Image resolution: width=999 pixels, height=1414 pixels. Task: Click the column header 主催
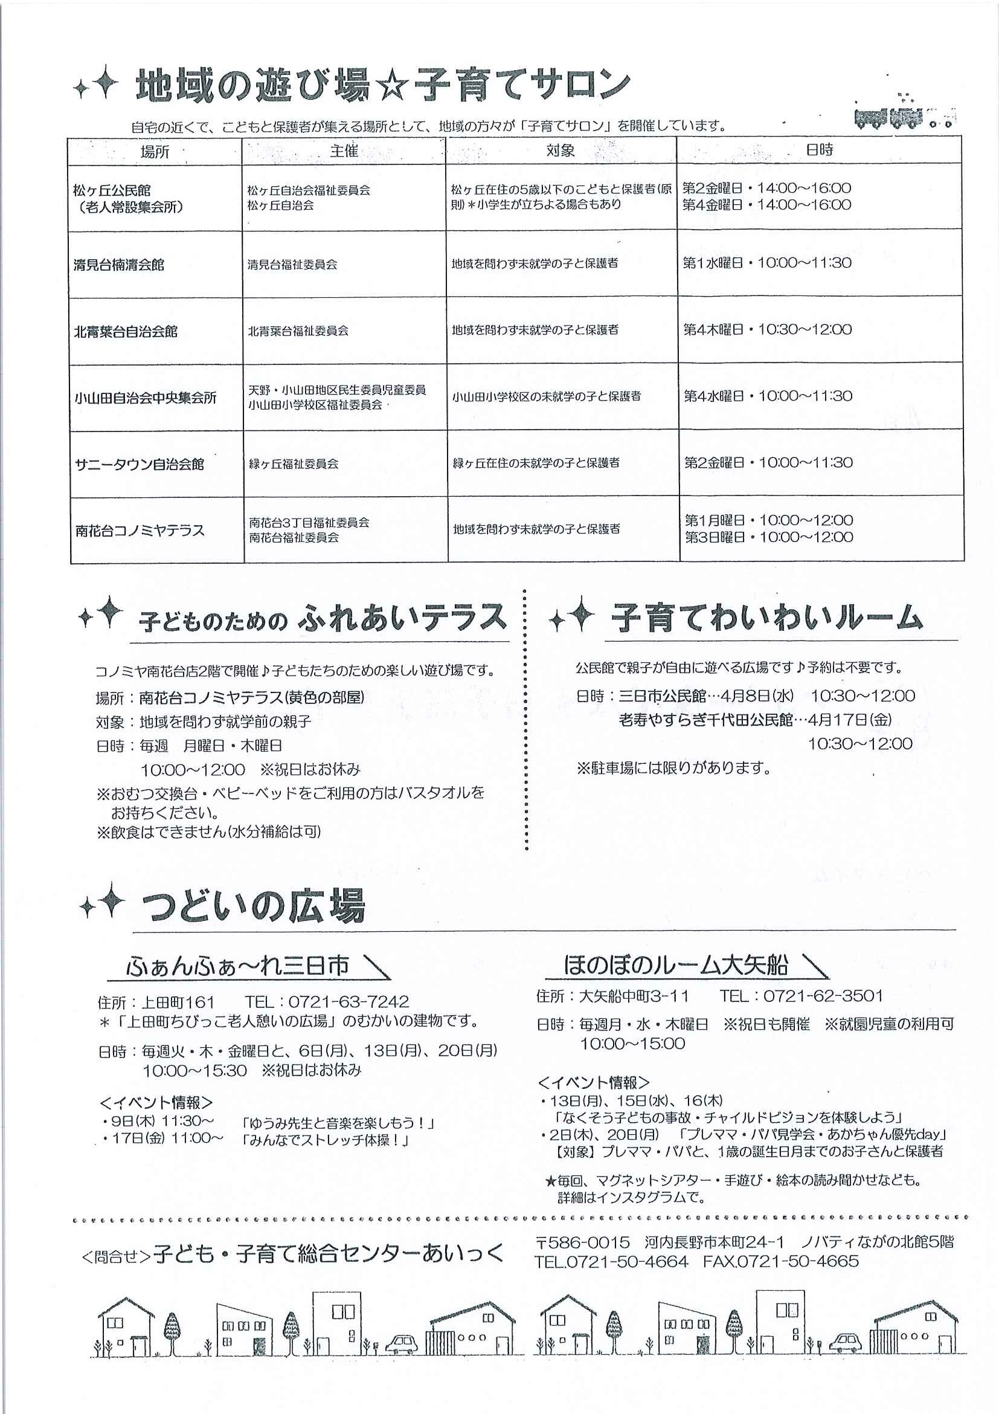tap(344, 151)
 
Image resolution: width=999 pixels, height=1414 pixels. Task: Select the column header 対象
tap(560, 150)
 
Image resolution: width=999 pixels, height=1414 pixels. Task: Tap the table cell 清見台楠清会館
tap(119, 265)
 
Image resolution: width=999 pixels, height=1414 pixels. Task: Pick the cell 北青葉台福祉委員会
tap(298, 331)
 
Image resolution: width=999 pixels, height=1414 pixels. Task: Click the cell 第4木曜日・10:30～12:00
tap(768, 329)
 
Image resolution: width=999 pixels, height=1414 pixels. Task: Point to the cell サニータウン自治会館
tap(139, 463)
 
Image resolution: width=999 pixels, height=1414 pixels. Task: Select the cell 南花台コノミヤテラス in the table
tap(140, 531)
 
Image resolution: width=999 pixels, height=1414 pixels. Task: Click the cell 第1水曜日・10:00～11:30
tap(768, 263)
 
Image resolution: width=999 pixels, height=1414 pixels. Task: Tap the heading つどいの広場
tap(254, 906)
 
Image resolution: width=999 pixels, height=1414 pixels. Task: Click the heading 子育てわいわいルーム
tap(767, 618)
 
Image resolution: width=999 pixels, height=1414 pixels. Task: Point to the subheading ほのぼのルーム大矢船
tap(675, 965)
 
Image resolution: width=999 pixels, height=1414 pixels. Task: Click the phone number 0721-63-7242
tap(349, 1002)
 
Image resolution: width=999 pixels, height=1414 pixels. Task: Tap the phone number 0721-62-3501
tap(823, 996)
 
